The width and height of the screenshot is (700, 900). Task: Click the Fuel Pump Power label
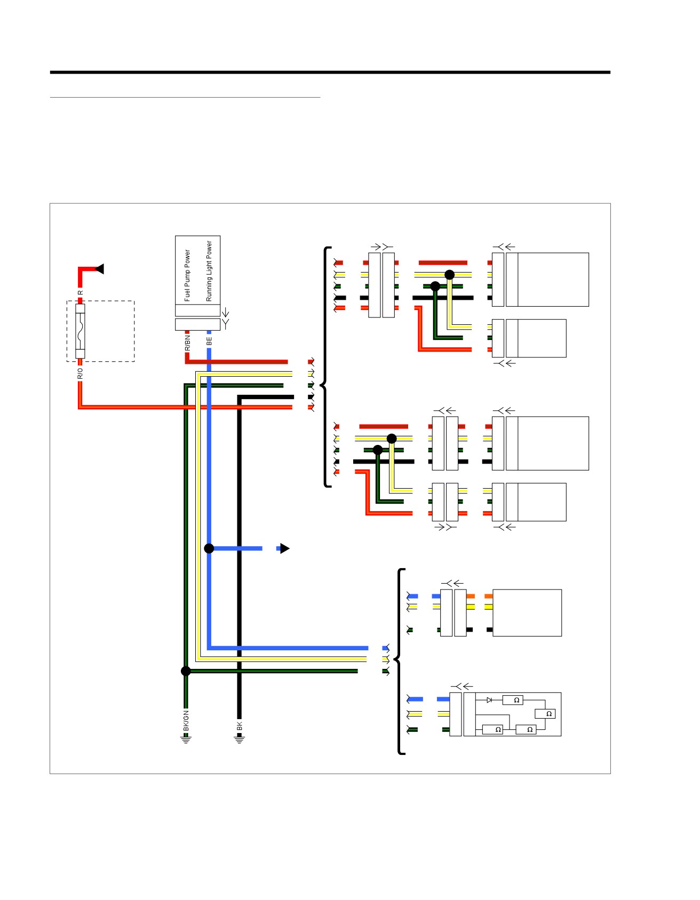coord(187,276)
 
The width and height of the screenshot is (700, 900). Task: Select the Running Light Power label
coord(209,271)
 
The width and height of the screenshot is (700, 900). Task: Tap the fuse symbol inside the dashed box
coord(80,331)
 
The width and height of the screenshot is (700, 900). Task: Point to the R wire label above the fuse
coord(81,292)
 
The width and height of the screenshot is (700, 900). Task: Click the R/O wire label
coord(81,373)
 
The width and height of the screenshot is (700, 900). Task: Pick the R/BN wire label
coord(187,342)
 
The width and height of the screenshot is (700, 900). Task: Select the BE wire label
coord(209,340)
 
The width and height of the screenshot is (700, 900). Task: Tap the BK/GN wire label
coord(186,721)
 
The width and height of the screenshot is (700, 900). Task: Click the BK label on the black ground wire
coord(240,727)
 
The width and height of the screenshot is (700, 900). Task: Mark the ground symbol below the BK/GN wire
coord(186,739)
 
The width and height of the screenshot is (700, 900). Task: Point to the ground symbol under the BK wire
coord(240,739)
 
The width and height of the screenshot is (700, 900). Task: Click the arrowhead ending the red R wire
coord(99,269)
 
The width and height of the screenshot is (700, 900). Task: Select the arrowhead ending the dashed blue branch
coord(285,548)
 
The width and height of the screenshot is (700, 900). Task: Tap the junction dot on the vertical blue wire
coord(209,548)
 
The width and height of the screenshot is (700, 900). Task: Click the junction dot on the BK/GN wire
coord(186,671)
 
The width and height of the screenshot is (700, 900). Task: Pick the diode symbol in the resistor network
coord(489,700)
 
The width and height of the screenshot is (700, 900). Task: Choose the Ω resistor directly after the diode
coord(513,700)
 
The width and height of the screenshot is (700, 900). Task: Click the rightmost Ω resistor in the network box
coord(545,714)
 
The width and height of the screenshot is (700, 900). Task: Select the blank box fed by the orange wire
coord(527,613)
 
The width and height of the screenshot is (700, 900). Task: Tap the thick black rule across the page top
coord(330,72)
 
